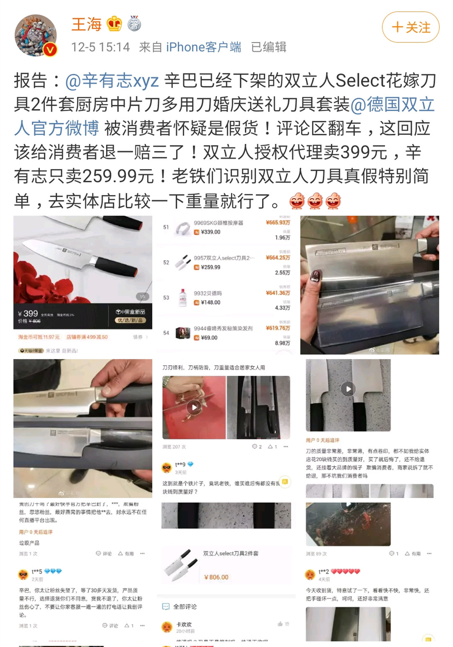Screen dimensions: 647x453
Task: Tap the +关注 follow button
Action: point(410,27)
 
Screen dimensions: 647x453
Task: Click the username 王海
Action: point(86,24)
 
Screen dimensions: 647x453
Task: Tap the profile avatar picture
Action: point(36,36)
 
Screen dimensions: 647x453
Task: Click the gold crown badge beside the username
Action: point(114,24)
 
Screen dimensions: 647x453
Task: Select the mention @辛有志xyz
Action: point(112,81)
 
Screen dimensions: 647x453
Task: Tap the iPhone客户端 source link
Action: point(203,47)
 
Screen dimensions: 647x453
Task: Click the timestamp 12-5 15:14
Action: point(100,47)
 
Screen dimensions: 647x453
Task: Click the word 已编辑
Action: point(268,47)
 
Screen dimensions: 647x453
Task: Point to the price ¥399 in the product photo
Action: point(28,313)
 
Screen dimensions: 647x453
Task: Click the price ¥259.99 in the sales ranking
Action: point(210,267)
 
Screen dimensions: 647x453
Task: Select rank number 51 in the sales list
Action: point(166,227)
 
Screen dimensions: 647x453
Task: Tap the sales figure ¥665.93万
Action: point(278,222)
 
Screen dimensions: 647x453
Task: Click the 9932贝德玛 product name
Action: point(208,294)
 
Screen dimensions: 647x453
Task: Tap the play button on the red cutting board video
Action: point(194,407)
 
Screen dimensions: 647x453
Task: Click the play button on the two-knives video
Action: point(348,389)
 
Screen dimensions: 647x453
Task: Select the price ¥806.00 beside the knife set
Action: point(216,577)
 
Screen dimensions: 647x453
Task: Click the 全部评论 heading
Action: point(185,606)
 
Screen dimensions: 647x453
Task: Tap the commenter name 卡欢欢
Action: point(184,624)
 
